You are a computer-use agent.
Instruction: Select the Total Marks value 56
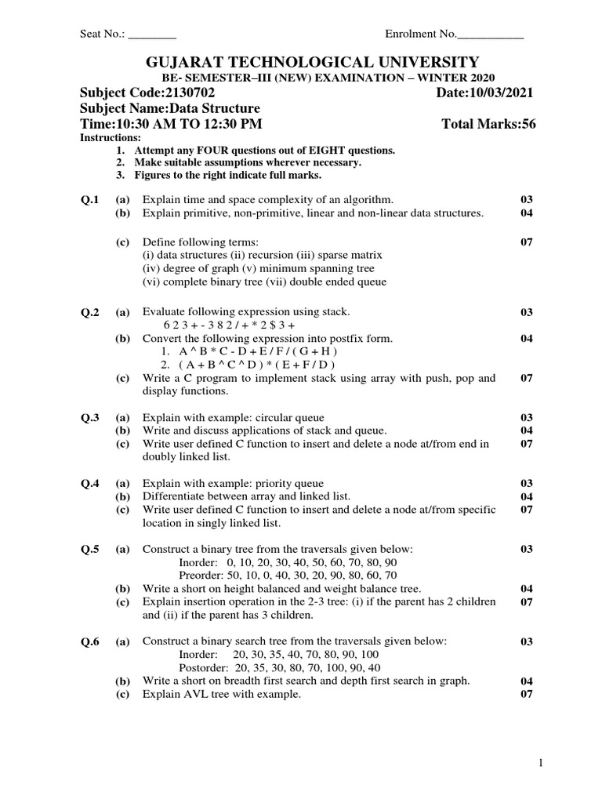(x=528, y=124)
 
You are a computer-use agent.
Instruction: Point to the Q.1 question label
(x=90, y=200)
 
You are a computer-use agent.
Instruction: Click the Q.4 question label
(x=90, y=484)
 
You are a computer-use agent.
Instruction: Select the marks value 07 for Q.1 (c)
(x=527, y=242)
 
